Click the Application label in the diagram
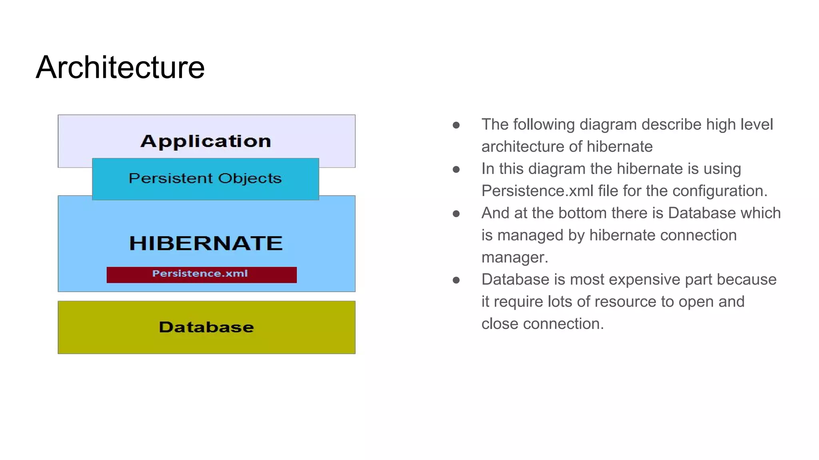click(x=206, y=141)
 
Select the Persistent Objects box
click(x=205, y=178)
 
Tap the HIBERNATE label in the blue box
click(x=206, y=243)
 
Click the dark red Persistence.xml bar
click(x=201, y=274)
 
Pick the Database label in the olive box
click(x=206, y=327)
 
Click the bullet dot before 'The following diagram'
click(x=456, y=125)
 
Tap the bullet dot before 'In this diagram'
click(x=456, y=170)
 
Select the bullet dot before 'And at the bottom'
click(x=456, y=214)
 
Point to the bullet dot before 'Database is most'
click(x=456, y=280)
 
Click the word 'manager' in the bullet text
click(x=514, y=258)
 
